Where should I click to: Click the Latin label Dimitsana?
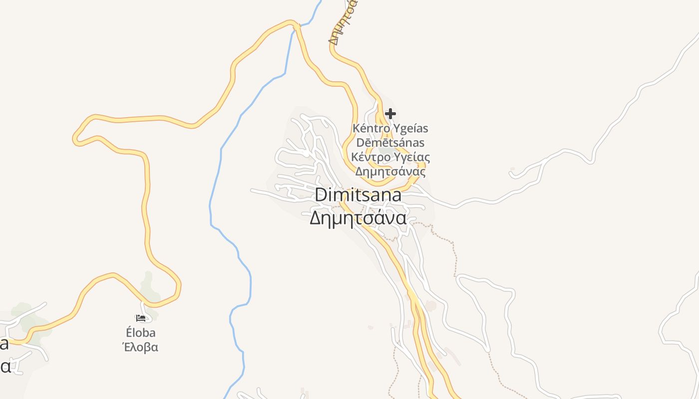click(x=358, y=195)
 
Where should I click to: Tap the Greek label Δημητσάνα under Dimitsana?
click(x=358, y=218)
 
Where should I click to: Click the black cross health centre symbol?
click(x=390, y=114)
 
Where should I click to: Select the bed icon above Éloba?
click(x=141, y=318)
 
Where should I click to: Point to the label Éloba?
click(x=140, y=333)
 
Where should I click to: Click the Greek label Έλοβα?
click(x=140, y=347)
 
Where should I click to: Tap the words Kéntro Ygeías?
click(x=390, y=128)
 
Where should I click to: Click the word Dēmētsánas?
click(x=390, y=143)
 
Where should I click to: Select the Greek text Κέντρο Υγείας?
click(x=390, y=157)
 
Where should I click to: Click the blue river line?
click(x=220, y=165)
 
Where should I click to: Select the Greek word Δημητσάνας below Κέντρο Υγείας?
click(x=390, y=172)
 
